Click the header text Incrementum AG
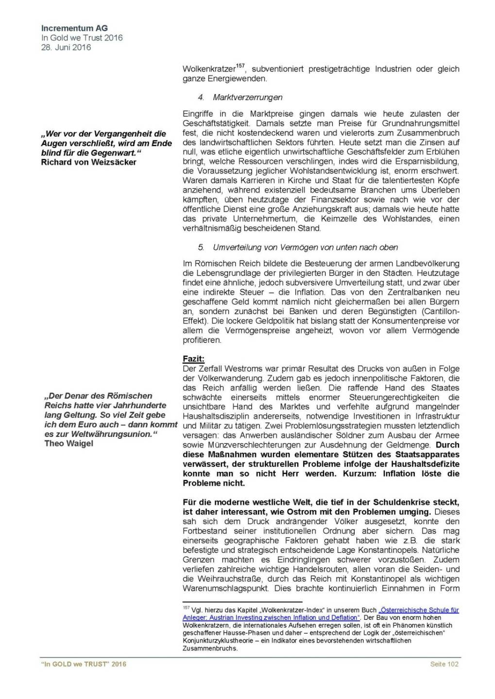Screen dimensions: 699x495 click(x=74, y=28)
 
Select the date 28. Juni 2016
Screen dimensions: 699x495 click(x=66, y=47)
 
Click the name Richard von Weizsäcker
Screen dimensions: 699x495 click(x=88, y=162)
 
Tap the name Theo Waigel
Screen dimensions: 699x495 click(x=68, y=443)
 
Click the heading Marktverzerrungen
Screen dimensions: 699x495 click(x=247, y=97)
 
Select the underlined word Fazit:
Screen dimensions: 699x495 click(x=193, y=359)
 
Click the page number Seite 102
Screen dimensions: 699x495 click(x=444, y=664)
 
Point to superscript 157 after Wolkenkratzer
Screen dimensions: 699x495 click(x=240, y=66)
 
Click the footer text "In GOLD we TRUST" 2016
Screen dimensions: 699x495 click(x=84, y=664)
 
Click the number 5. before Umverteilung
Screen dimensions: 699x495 click(x=201, y=247)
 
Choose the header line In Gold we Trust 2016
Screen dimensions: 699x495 click(x=82, y=37)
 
